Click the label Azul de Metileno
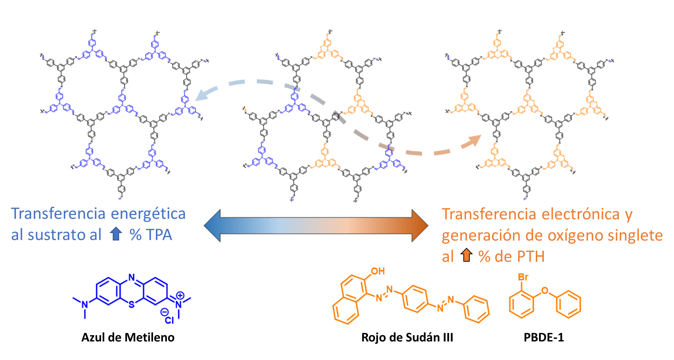tap(128, 337)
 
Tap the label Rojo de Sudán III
tap(407, 337)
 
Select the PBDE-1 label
tap(544, 337)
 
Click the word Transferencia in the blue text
tap(58, 214)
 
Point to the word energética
tap(148, 214)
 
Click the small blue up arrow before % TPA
tap(116, 234)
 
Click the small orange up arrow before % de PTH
tap(467, 255)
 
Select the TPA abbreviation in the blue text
tap(159, 235)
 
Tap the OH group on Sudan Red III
tap(377, 271)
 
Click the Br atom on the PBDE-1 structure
tap(523, 277)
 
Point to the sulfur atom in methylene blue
tap(131, 304)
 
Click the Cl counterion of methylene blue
tap(169, 320)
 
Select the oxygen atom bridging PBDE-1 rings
tap(545, 291)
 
